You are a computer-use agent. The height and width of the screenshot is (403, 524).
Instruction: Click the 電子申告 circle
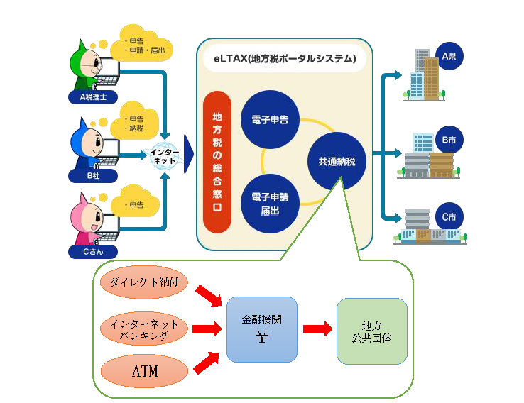(x=269, y=119)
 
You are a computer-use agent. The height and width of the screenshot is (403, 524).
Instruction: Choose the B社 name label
(x=93, y=174)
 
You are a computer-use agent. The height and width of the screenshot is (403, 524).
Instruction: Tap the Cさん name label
(x=93, y=251)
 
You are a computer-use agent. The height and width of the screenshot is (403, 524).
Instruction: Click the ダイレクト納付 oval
(x=145, y=282)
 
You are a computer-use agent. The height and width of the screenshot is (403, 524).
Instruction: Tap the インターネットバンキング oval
(x=145, y=329)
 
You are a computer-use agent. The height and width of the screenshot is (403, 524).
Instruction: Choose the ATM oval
(x=145, y=371)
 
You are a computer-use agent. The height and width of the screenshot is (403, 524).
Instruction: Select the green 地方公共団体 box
(x=371, y=331)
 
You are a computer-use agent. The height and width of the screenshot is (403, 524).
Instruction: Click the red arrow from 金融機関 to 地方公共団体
(x=317, y=329)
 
